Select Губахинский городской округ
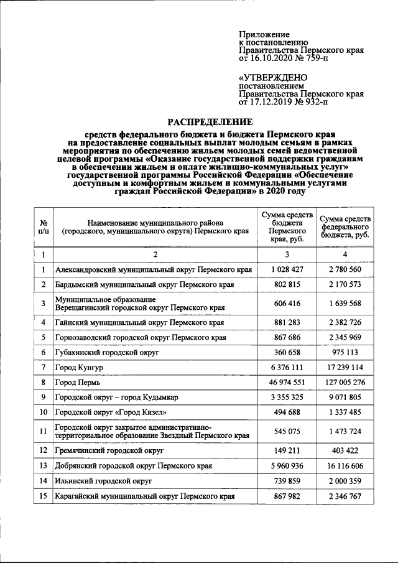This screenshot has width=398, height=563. coord(107,352)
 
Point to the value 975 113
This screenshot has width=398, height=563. coord(347,352)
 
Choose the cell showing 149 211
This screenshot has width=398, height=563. coord(287,449)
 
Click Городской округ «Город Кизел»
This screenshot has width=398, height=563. coord(112,412)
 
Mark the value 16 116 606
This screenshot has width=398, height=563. coord(347,465)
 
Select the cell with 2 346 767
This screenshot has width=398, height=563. coord(347,496)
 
